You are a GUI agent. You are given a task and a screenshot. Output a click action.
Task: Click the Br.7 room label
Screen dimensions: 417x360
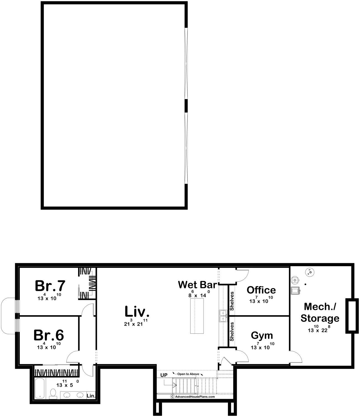click(x=50, y=286)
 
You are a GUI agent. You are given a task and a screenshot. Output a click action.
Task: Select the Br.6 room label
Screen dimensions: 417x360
click(x=49, y=335)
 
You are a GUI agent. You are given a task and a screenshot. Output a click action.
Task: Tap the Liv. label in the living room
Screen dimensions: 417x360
click(x=137, y=312)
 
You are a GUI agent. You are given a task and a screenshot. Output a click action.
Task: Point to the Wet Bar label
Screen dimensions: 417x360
click(x=197, y=284)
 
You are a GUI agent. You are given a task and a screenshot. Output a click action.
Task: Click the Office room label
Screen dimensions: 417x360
click(x=261, y=290)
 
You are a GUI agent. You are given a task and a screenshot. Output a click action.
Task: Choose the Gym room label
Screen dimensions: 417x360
click(x=262, y=335)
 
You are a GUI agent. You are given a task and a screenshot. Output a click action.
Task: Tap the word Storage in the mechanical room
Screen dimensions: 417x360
click(x=320, y=318)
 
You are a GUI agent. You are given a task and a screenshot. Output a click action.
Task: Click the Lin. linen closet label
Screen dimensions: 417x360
click(x=91, y=396)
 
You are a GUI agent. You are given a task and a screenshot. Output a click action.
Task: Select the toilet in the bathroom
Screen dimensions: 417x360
click(x=53, y=393)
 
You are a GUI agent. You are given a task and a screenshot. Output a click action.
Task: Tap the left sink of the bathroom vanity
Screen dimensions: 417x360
click(x=67, y=395)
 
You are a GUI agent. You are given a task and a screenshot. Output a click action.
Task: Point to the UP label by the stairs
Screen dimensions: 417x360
click(x=164, y=375)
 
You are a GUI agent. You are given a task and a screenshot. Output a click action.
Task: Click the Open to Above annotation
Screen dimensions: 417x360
click(x=188, y=374)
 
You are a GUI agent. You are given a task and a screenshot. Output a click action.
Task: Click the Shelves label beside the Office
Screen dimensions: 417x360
click(x=232, y=301)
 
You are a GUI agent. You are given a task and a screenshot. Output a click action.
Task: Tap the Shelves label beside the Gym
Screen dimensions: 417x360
click(x=232, y=331)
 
